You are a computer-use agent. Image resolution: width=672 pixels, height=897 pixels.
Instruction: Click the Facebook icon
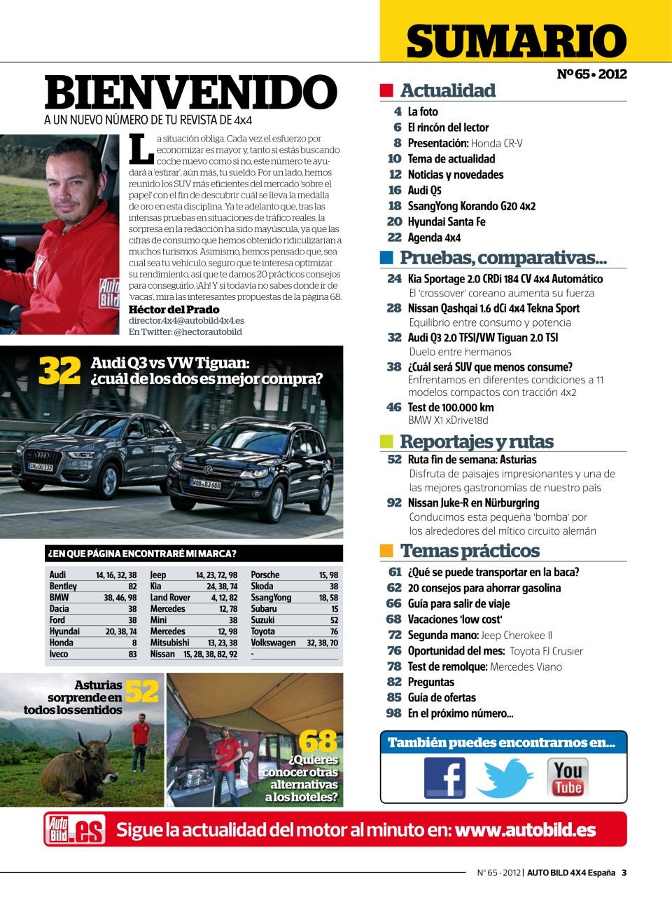click(444, 778)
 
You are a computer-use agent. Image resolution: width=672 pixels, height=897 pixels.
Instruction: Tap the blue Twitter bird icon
click(505, 778)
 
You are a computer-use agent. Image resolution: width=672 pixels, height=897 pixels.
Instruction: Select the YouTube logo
click(567, 778)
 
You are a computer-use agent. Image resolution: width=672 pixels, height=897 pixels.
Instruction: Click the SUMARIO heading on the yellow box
click(516, 41)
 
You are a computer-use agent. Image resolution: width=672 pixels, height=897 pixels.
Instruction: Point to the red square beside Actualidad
click(386, 90)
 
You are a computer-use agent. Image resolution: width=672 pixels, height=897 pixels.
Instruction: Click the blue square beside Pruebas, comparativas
click(386, 257)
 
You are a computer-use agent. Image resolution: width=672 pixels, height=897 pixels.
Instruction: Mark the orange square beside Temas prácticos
click(386, 550)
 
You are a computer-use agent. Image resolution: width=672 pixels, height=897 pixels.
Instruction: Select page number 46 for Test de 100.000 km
click(394, 407)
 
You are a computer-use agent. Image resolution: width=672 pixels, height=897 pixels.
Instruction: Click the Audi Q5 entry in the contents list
click(424, 190)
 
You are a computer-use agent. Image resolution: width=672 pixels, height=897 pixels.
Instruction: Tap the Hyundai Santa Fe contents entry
click(446, 221)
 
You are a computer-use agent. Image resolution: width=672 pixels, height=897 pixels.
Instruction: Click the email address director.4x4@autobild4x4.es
click(186, 320)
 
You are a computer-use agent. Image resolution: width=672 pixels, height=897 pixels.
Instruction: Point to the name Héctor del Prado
click(174, 309)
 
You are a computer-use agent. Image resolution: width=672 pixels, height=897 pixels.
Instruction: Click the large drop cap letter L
click(141, 149)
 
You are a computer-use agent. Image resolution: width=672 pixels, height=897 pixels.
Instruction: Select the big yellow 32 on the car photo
click(59, 371)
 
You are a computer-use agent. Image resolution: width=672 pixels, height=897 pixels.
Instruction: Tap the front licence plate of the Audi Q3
click(41, 467)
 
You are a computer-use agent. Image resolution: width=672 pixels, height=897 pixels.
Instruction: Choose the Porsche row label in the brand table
click(265, 575)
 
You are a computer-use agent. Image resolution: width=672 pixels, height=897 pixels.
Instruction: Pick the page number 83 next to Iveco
click(132, 654)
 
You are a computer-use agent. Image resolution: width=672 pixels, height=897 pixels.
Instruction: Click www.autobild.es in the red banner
click(525, 830)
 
